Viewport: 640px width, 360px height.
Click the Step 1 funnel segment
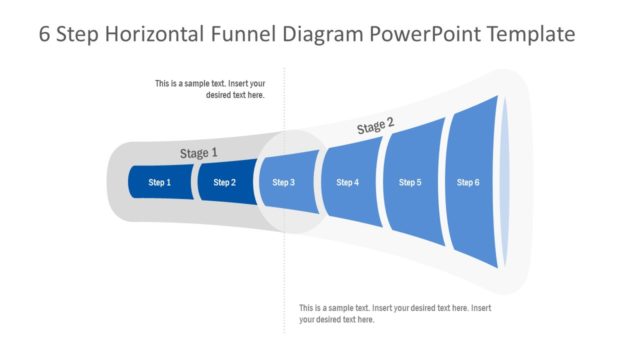tap(160, 183)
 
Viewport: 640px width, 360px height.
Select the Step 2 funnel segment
tap(225, 183)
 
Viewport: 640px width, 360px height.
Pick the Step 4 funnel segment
tap(347, 182)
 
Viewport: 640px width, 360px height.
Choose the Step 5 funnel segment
tap(410, 182)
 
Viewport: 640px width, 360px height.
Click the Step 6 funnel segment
tap(468, 182)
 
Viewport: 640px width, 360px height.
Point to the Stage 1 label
tap(198, 153)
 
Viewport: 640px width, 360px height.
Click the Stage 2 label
tap(375, 126)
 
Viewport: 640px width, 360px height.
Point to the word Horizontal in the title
tap(152, 34)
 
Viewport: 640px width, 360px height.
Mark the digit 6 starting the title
tap(45, 34)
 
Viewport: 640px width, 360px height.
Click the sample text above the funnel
tap(210, 89)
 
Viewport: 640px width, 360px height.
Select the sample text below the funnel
tap(395, 313)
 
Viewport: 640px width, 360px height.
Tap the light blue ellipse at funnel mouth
tap(505, 182)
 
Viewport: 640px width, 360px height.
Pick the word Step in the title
tap(79, 34)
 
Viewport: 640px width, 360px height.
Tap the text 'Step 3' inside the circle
tap(285, 183)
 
